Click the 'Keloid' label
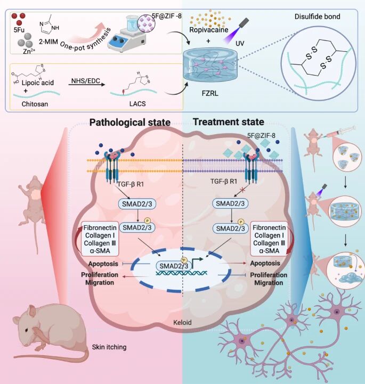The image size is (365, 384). tap(182, 322)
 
